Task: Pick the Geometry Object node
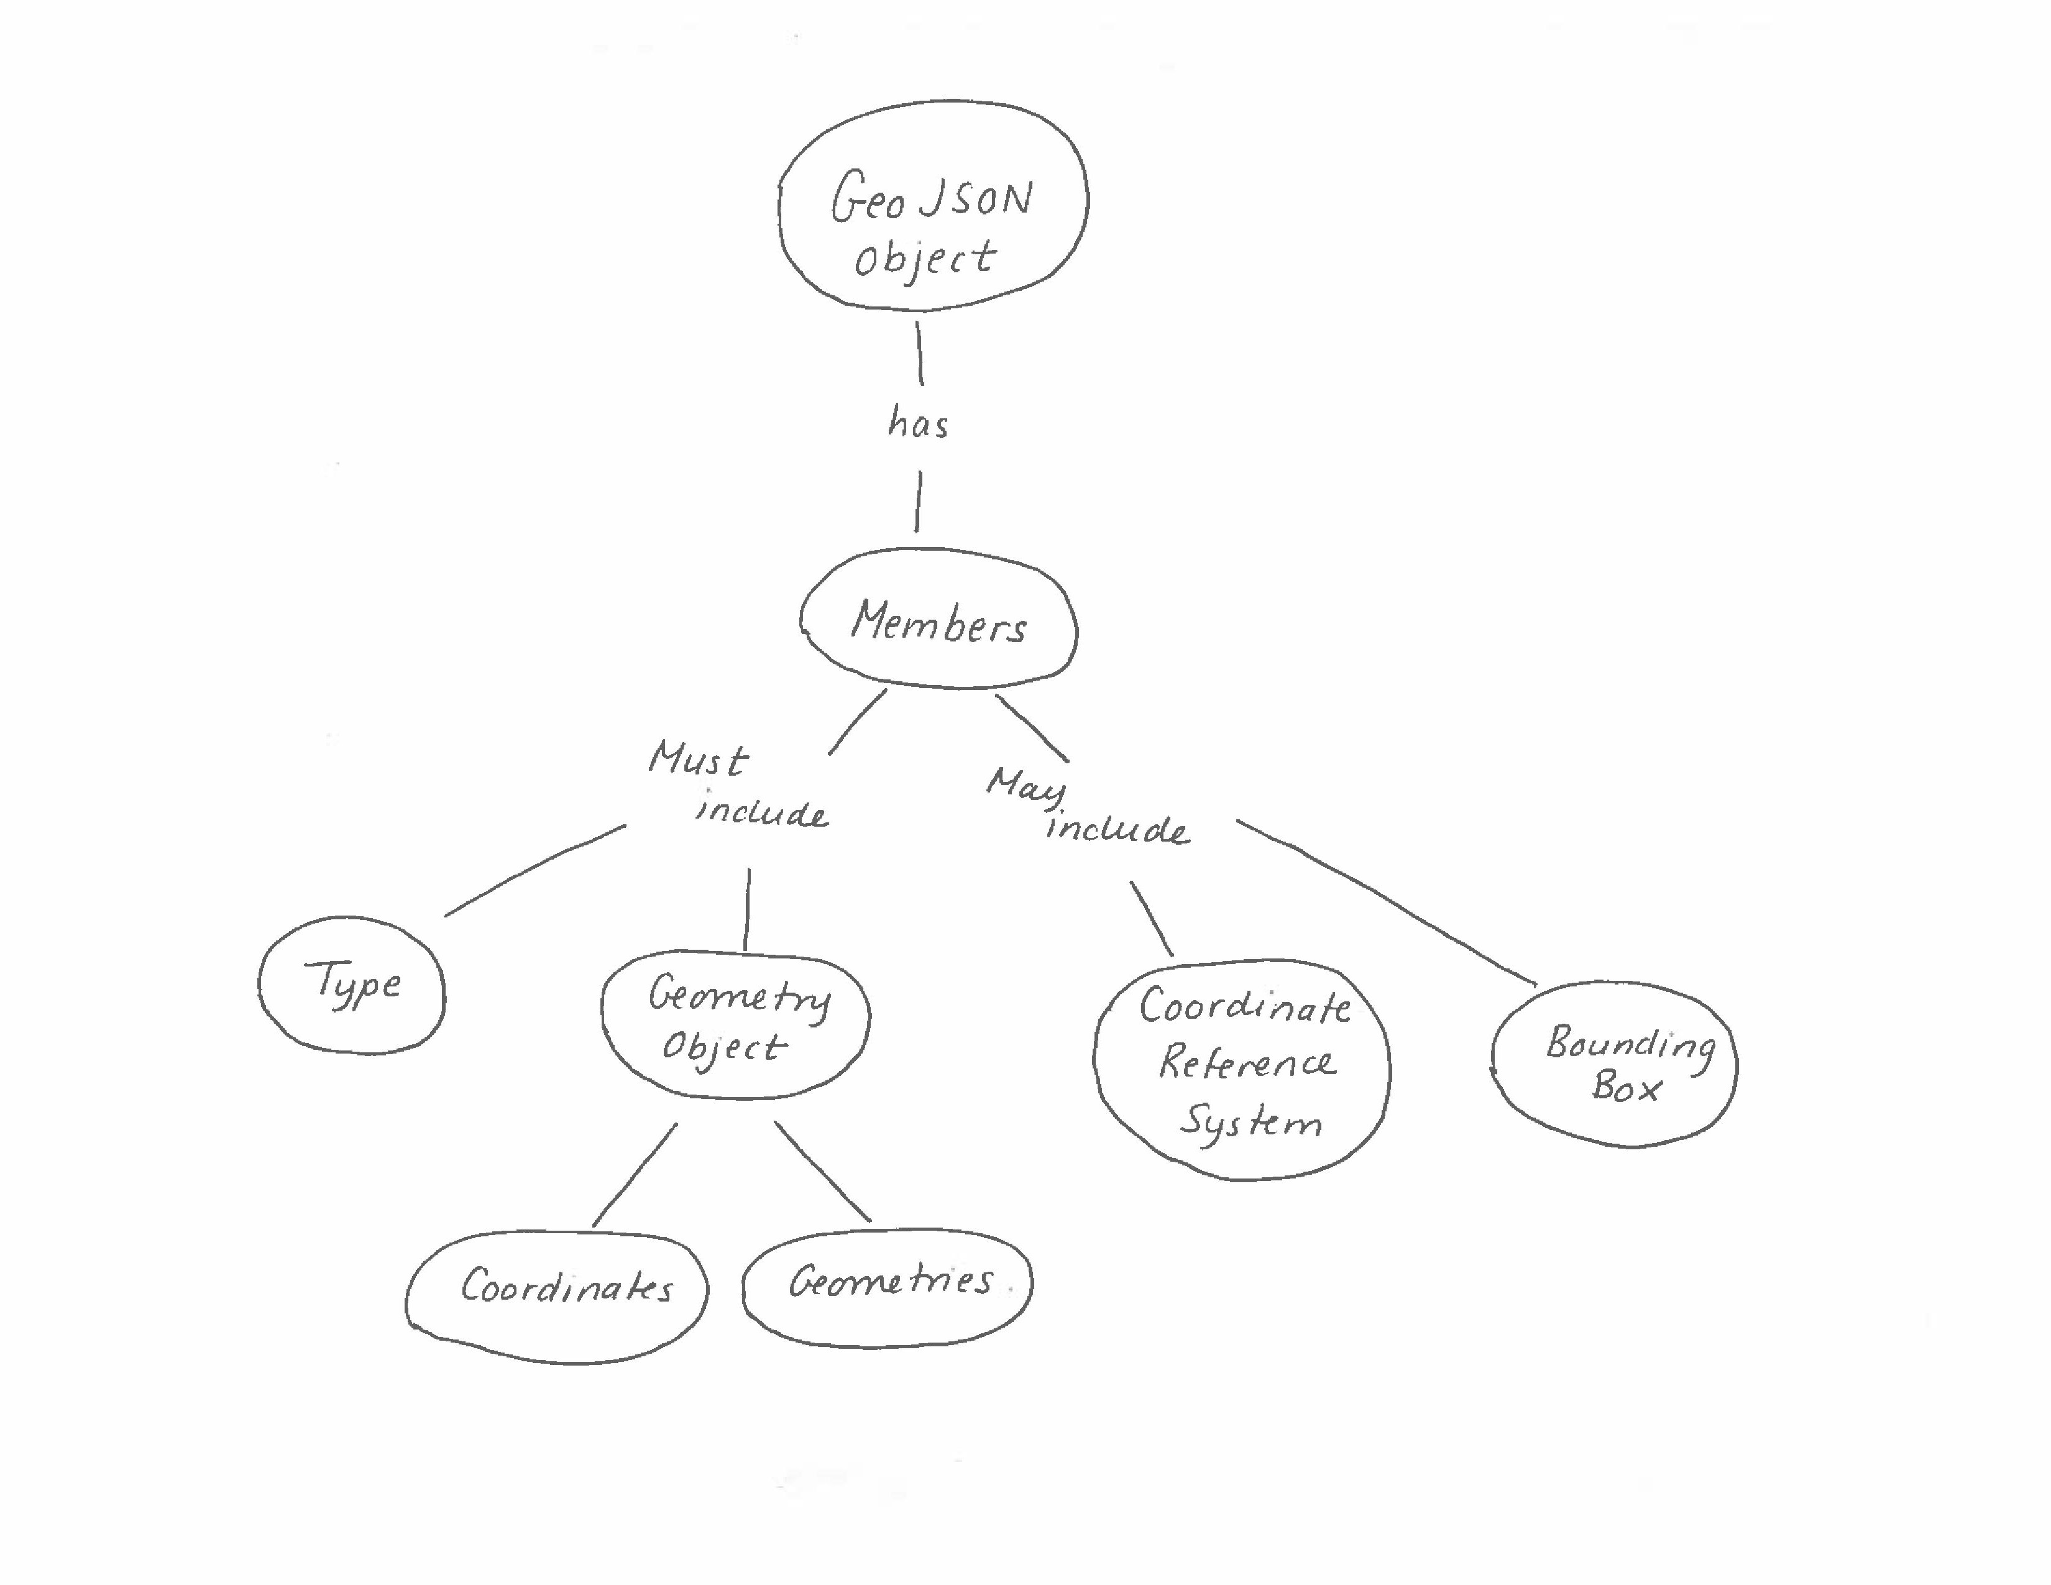735,1024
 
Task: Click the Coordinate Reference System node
1242,1068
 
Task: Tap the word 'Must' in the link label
698,759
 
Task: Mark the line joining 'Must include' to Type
535,868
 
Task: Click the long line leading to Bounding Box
1385,901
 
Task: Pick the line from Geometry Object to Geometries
823,1172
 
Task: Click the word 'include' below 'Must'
761,812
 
